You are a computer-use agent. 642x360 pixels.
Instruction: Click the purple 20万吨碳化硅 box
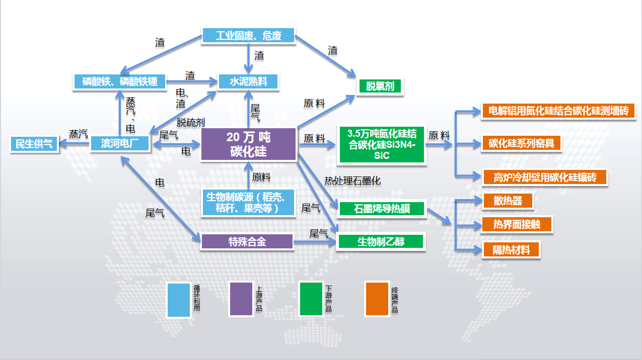tap(248, 144)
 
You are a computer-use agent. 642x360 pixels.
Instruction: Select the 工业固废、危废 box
tap(248, 36)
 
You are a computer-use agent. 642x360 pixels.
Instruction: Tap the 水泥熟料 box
tap(248, 81)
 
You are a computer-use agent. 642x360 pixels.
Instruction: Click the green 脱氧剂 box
tap(380, 86)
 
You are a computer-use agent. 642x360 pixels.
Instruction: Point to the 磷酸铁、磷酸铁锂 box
tap(120, 81)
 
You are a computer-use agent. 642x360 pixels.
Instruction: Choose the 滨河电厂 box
tap(120, 144)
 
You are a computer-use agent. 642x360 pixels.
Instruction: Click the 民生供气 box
tap(34, 144)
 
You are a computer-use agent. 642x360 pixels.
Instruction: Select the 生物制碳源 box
tap(248, 203)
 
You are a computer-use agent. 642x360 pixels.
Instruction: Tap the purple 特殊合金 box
tap(247, 242)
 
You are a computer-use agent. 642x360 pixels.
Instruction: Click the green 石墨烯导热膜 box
tap(382, 208)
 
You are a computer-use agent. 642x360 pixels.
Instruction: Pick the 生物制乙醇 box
tap(382, 241)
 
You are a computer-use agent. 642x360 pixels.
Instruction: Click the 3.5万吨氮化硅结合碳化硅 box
tap(382, 144)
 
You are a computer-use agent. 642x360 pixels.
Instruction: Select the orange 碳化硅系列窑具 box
tap(521, 143)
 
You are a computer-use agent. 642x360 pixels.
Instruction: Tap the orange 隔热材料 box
tap(511, 250)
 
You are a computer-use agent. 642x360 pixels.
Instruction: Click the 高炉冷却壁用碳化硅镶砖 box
tap(544, 177)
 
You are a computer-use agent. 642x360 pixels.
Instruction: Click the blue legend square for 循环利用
tap(179, 299)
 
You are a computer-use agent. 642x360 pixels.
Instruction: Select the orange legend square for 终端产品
tap(377, 299)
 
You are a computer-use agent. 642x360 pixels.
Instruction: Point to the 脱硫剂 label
tap(190, 122)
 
